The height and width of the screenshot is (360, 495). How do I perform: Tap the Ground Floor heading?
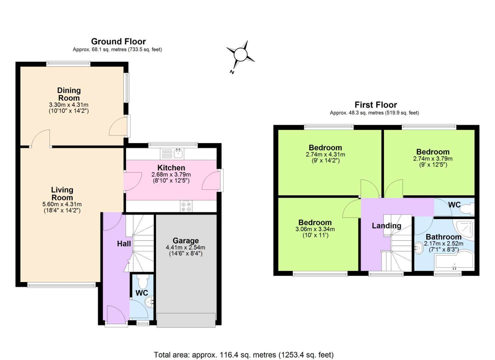point(118,42)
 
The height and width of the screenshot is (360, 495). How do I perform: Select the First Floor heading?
point(376,105)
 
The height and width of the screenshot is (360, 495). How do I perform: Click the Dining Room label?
point(69,94)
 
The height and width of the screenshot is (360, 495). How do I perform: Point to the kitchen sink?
point(178,153)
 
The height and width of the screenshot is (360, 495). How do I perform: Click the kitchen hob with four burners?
point(186,206)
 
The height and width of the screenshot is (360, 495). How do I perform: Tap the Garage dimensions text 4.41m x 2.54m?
point(185,248)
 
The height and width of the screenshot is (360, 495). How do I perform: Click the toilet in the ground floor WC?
point(143,282)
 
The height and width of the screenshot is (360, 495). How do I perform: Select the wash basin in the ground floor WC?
point(149,302)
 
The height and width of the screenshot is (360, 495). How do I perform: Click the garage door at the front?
point(186,320)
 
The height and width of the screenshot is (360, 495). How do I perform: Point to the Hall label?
point(124,244)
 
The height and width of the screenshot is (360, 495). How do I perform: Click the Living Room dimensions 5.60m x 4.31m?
point(62,204)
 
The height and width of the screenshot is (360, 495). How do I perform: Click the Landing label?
point(386,226)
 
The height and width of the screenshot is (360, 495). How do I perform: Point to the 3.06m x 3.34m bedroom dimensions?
point(315,229)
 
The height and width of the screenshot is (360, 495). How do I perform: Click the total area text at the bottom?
point(243,355)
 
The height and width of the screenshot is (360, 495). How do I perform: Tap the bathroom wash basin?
point(419,248)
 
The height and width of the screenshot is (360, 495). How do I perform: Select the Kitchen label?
point(171,168)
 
